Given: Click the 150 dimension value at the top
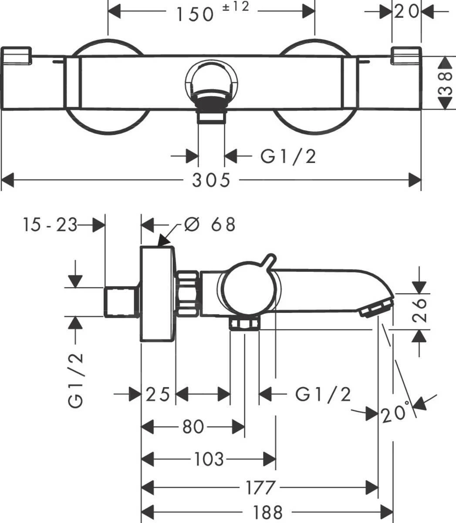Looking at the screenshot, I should coord(195,14).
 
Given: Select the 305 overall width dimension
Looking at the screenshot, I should coord(211,179).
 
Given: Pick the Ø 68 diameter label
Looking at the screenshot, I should coord(209,224).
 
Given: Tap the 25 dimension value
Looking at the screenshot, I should coord(158,394).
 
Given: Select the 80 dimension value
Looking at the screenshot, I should coord(193,427).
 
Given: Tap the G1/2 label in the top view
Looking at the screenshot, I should coord(288,156).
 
